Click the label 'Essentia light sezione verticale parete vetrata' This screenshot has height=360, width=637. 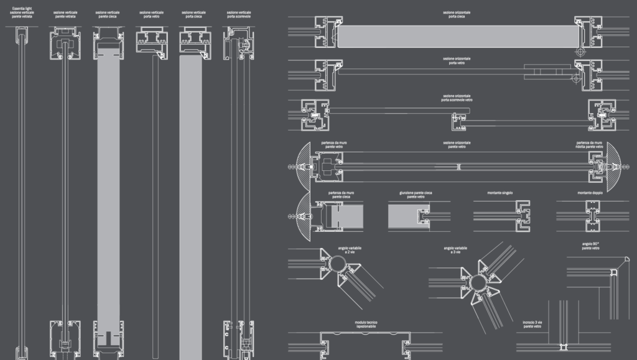(x=22, y=12)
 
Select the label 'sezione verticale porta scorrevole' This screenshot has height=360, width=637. (x=239, y=14)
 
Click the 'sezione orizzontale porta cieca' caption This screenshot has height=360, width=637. (x=456, y=14)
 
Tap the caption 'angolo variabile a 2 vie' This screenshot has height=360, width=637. (x=350, y=250)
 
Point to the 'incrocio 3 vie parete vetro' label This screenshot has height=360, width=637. (x=532, y=324)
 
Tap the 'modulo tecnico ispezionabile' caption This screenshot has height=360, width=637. (x=367, y=324)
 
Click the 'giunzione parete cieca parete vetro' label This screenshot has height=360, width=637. (x=416, y=195)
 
